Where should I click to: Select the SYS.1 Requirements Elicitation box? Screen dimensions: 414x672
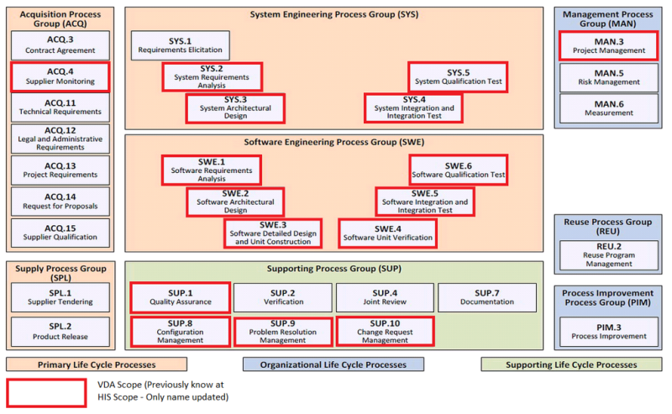click(180, 45)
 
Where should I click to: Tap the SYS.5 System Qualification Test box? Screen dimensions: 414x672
click(458, 77)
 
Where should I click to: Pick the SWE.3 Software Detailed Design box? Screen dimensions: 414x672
click(273, 233)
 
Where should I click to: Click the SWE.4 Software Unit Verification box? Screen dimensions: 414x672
click(387, 233)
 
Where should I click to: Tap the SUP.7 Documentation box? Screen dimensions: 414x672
click(486, 297)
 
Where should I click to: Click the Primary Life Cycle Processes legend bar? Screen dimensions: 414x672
click(97, 364)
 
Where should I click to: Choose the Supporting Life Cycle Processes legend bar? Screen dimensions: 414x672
click(571, 364)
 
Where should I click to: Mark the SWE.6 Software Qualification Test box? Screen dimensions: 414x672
click(458, 170)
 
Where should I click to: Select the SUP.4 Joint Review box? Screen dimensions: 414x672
click(384, 297)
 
